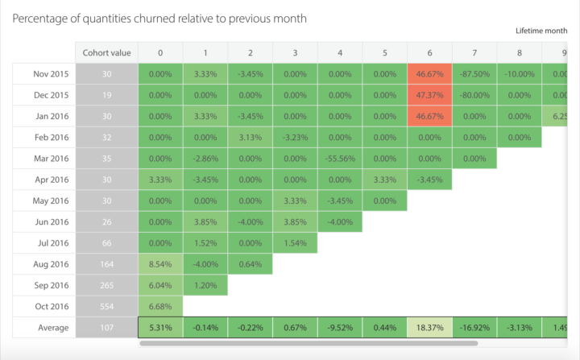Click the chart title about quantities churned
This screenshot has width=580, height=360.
[x=159, y=17]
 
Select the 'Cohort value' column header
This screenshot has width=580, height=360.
[x=106, y=52]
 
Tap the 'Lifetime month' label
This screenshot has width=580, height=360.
[x=547, y=31]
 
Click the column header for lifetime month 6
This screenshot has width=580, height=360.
[x=429, y=52]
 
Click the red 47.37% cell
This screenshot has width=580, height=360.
[x=429, y=95]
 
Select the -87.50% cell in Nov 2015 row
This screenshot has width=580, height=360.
[x=474, y=73]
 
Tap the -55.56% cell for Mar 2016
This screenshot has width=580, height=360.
[x=339, y=158]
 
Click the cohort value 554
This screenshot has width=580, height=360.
[x=106, y=306]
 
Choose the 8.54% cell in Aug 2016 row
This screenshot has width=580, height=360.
[x=160, y=263]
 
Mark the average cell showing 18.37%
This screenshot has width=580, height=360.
[x=429, y=328]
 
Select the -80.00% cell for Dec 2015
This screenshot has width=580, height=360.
[x=474, y=95]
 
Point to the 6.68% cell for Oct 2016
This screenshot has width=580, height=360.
[x=160, y=306]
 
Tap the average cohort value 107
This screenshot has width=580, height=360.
[x=106, y=328]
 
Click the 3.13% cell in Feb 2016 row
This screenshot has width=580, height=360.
[x=250, y=137]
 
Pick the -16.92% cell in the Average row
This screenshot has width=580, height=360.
[x=474, y=328]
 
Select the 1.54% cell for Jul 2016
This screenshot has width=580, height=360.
[x=295, y=242]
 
